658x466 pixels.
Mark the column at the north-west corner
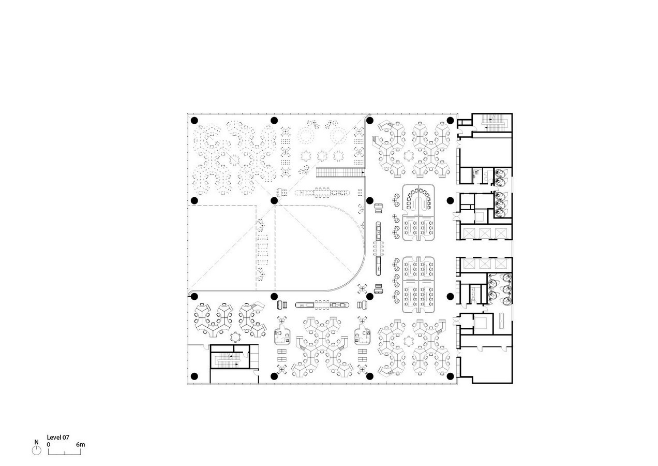[194, 120]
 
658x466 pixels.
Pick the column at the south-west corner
[194, 376]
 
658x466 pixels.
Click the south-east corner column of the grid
[451, 376]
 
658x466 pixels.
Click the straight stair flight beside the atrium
[340, 172]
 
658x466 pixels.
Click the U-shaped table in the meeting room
[418, 199]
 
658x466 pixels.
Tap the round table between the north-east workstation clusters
[408, 155]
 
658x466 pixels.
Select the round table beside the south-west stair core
[235, 337]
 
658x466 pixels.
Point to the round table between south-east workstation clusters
[408, 341]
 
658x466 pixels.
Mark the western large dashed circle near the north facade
[306, 136]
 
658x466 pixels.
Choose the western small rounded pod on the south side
[282, 336]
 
